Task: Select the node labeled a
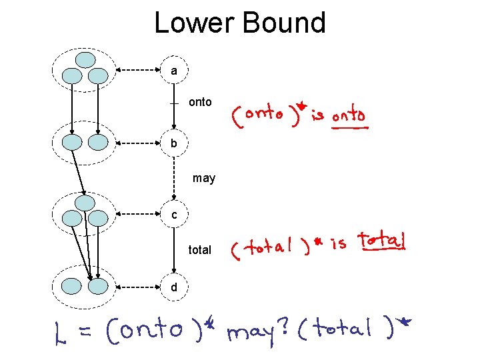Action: click(x=174, y=70)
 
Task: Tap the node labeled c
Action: click(x=174, y=215)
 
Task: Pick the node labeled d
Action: click(x=174, y=287)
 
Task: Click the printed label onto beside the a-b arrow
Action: click(x=200, y=102)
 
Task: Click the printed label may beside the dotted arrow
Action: click(x=204, y=178)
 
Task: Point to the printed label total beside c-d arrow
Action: click(x=200, y=250)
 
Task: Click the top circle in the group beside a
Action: click(x=85, y=59)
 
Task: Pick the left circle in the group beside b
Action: click(x=72, y=142)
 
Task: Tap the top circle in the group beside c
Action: click(x=85, y=202)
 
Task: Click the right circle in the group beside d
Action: click(x=98, y=287)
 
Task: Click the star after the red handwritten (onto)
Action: click(x=301, y=105)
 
